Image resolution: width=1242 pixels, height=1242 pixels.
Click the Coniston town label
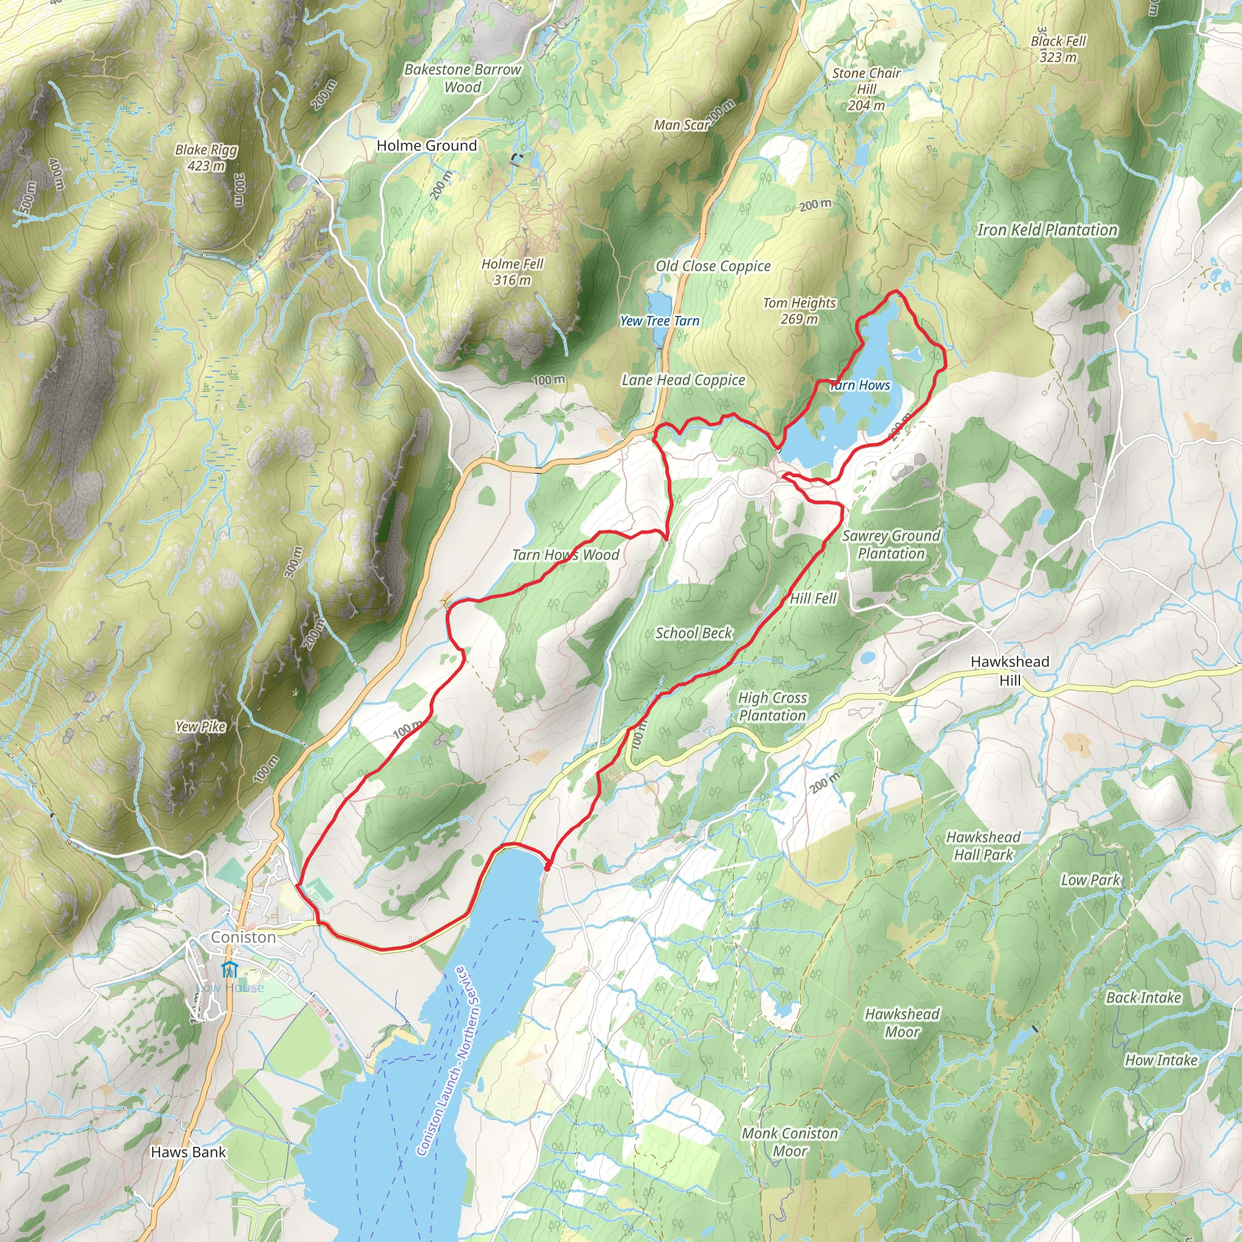click(x=243, y=938)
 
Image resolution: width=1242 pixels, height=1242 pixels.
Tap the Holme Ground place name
click(x=426, y=146)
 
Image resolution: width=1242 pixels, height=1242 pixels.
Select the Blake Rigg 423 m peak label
click(x=206, y=158)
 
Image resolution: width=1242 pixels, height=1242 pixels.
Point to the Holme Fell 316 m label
click(x=512, y=271)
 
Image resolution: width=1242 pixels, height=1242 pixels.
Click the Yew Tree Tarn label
click(x=660, y=321)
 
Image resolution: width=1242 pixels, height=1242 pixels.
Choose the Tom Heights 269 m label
click(x=799, y=310)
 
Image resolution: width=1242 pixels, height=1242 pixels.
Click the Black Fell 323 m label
click(x=1058, y=49)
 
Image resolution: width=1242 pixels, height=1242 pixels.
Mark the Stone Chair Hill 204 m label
click(x=866, y=89)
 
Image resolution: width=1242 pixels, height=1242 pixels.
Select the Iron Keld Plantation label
click(x=1047, y=229)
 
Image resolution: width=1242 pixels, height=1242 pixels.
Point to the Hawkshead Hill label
click(x=1009, y=671)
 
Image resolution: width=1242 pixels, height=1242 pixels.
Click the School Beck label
click(x=694, y=633)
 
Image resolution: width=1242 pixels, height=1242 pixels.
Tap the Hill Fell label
click(x=813, y=599)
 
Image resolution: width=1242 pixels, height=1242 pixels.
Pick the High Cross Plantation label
click(x=772, y=707)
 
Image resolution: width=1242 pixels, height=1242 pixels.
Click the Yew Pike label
click(x=201, y=727)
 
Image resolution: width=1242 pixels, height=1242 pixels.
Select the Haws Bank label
click(x=188, y=1152)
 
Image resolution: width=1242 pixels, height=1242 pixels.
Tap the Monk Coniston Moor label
click(x=790, y=1143)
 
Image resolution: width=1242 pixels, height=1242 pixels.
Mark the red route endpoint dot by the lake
click(x=547, y=867)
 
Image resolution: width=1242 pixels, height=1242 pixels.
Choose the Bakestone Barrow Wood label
click(x=462, y=78)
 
